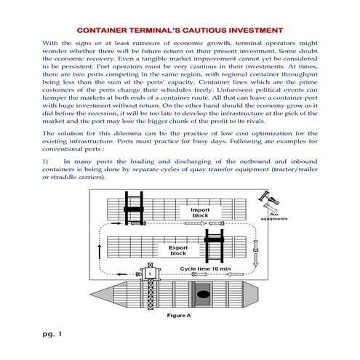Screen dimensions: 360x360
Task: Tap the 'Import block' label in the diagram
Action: (x=200, y=213)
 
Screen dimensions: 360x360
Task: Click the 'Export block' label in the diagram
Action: (x=178, y=251)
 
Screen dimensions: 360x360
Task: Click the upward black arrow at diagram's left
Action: (x=99, y=252)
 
